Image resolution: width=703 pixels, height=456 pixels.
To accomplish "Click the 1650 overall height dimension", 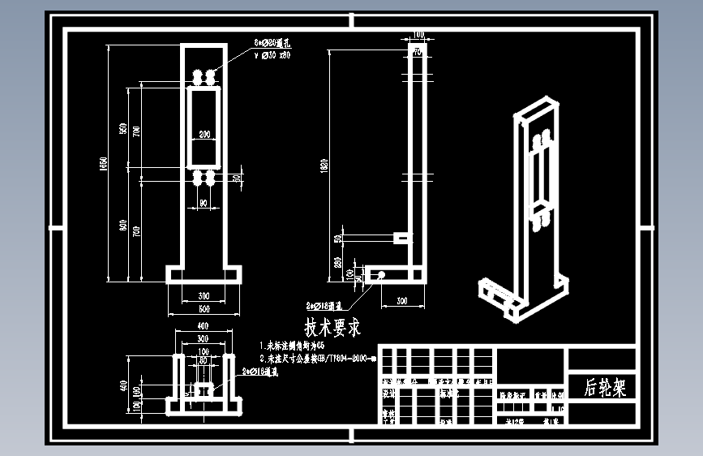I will click(103, 163).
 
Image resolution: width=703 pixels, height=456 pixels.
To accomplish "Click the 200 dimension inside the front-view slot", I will click(204, 133).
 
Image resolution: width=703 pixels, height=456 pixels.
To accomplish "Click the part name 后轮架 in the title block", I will click(606, 387).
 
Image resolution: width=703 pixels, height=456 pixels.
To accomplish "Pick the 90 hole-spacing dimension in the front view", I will click(203, 202).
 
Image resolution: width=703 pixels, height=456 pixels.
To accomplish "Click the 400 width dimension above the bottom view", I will click(203, 325).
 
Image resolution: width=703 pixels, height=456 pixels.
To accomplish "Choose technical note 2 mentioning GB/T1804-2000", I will click(316, 358).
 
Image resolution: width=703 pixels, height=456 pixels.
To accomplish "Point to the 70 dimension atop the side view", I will click(418, 52).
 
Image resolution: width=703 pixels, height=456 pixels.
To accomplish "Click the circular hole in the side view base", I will click(378, 275).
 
